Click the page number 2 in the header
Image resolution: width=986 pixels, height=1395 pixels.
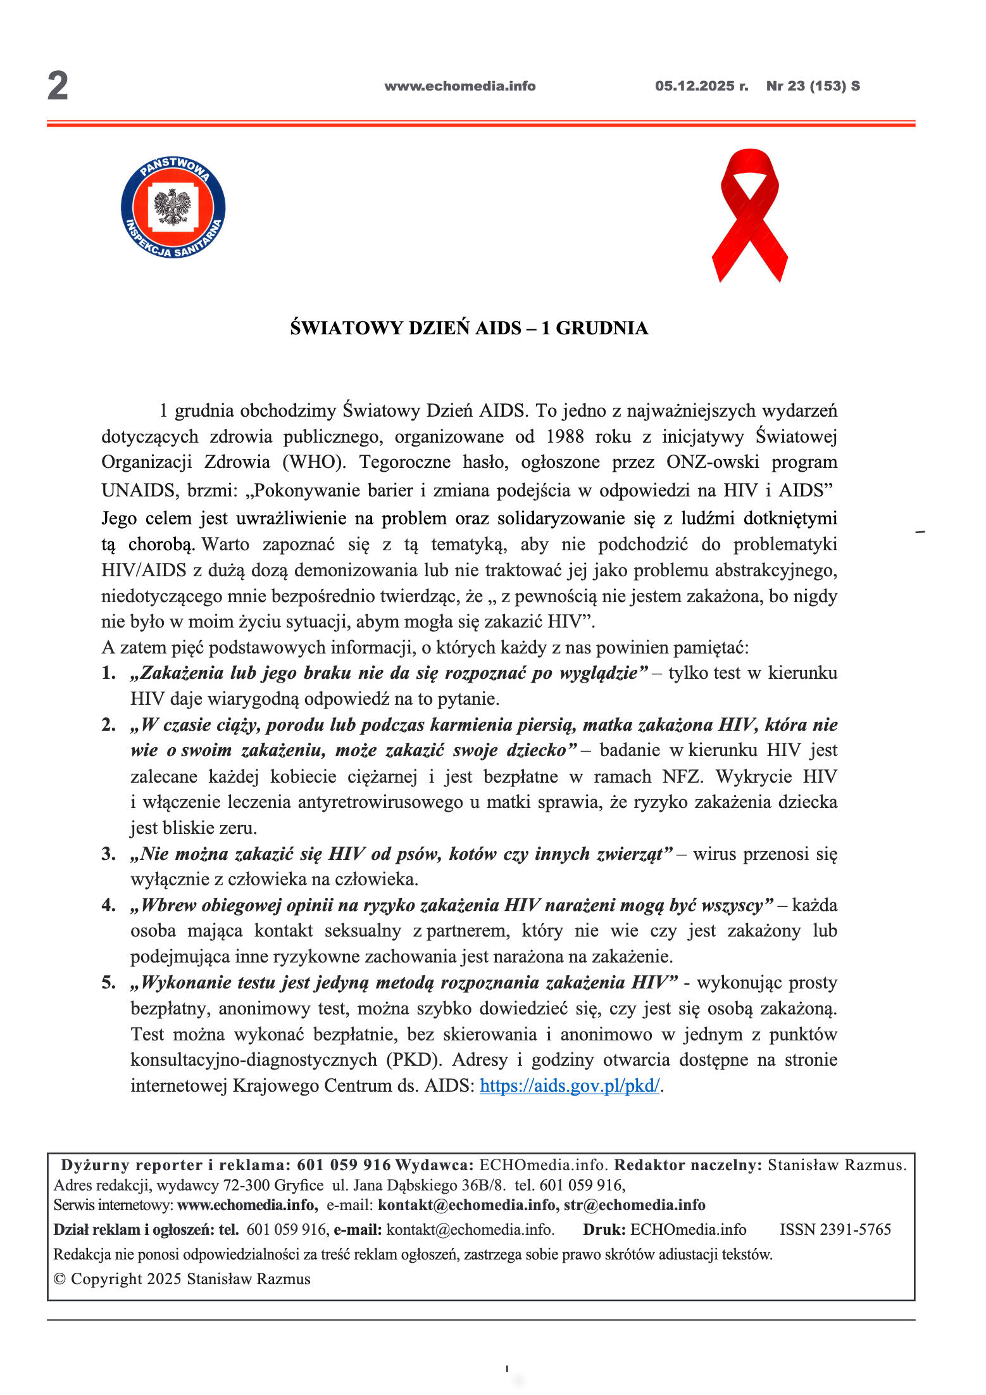(58, 86)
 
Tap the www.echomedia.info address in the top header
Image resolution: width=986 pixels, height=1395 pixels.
(459, 86)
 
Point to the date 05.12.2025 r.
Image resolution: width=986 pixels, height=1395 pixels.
(701, 86)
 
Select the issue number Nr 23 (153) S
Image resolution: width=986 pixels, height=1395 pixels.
(813, 86)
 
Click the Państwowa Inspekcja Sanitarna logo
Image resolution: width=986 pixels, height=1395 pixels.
(173, 208)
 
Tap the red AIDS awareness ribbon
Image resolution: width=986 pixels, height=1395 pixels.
(750, 215)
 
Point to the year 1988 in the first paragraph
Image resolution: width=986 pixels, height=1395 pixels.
(565, 437)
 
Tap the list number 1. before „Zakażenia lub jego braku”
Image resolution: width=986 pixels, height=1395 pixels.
(109, 672)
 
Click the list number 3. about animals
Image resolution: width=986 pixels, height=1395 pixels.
(109, 854)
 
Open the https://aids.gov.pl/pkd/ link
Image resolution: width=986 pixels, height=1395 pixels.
(570, 1086)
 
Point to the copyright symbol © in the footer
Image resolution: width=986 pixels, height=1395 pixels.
(59, 1279)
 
